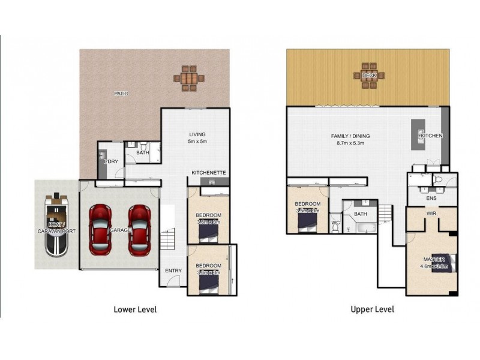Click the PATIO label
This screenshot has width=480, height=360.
[x=122, y=94]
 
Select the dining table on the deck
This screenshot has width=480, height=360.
[x=369, y=76]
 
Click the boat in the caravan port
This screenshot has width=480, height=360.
[x=56, y=223]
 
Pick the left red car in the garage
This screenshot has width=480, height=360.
[x=100, y=229]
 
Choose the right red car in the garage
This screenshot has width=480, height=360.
[x=139, y=229]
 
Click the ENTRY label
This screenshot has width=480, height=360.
[x=173, y=271]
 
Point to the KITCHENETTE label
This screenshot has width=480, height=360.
[x=209, y=173]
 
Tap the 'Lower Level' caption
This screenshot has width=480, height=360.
[x=135, y=310]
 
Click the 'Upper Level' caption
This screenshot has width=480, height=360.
[x=372, y=310]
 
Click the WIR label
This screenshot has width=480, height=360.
[x=431, y=213]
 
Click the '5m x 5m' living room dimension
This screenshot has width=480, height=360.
[x=197, y=142]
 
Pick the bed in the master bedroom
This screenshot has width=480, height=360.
[x=447, y=263]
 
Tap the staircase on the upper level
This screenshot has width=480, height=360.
[x=384, y=213]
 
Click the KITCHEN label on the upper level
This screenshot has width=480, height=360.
[x=431, y=136]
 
